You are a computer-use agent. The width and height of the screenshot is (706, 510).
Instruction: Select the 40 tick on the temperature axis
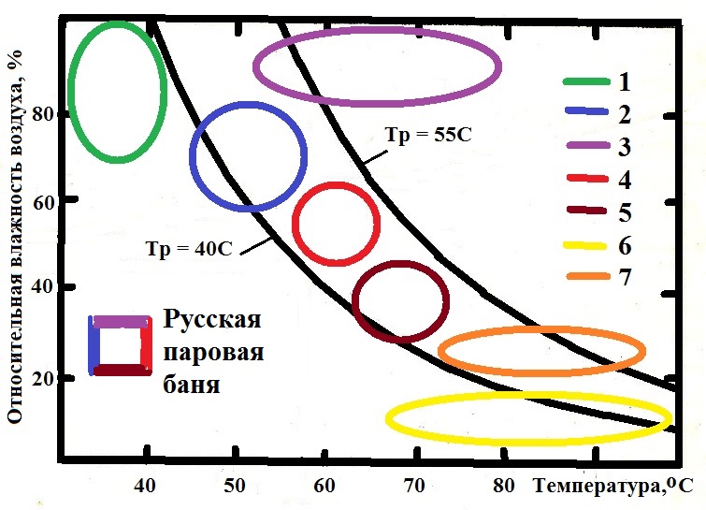click(x=145, y=485)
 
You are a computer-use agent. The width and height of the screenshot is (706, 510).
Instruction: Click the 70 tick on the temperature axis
click(x=414, y=485)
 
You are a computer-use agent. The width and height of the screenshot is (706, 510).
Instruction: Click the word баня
click(x=193, y=384)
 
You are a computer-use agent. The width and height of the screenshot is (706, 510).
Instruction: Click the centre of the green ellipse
click(x=118, y=91)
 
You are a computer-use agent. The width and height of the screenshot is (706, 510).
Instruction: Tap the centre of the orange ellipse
click(x=541, y=351)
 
